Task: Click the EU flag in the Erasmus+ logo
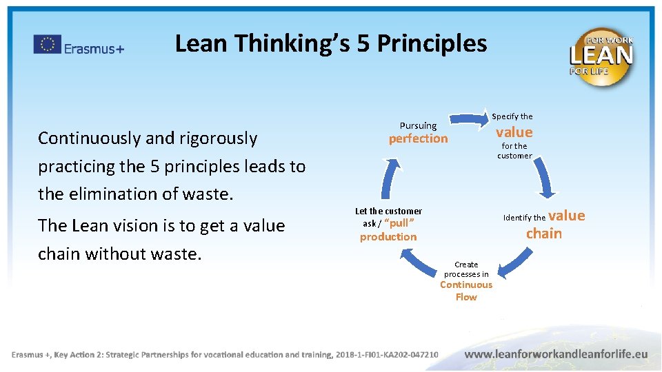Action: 48,44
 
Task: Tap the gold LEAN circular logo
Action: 600,56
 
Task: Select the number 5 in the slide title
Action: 363,43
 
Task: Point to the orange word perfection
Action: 418,138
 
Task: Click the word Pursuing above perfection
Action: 418,125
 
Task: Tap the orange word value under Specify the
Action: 514,132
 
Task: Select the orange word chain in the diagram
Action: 544,234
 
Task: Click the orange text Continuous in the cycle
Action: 466,285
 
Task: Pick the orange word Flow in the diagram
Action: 466,297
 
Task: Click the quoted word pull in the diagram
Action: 399,223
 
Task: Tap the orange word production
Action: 388,236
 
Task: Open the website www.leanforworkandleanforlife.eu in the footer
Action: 556,353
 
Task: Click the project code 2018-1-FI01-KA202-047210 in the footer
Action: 386,354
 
